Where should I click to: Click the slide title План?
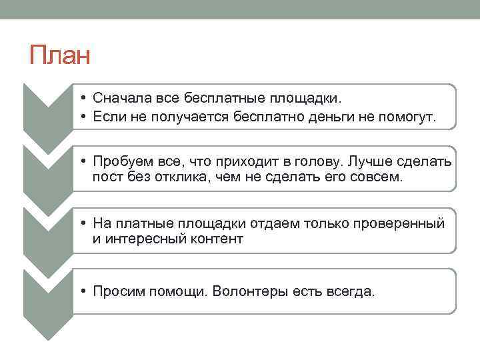click(59, 55)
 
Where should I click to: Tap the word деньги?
click(341, 117)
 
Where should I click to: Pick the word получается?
click(185, 117)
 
